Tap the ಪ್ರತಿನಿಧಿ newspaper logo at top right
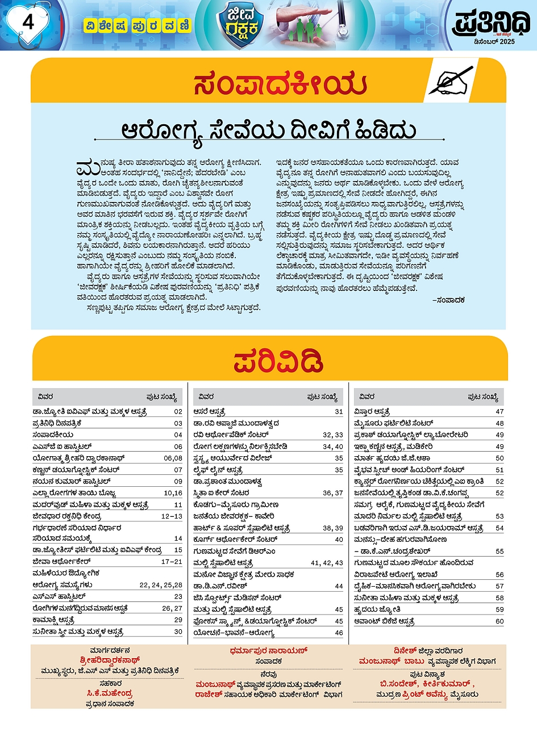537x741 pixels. [491, 23]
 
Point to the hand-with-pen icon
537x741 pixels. [451, 81]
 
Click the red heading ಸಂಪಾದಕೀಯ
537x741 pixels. [280, 85]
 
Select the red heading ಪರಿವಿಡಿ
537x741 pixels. [278, 361]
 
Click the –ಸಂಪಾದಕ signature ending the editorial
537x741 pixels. [448, 300]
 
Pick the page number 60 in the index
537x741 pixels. [499, 621]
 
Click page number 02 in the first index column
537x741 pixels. [178, 412]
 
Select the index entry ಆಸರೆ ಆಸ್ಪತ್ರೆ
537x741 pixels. [209, 412]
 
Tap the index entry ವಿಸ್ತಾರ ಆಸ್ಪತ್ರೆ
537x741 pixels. [372, 412]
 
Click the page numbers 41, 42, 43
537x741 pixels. [327, 563]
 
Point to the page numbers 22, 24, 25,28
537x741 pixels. [161, 585]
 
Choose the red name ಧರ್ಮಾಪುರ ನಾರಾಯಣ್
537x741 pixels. [268, 651]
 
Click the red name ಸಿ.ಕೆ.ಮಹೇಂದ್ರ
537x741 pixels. [110, 693]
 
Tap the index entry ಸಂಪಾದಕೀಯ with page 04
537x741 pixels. [53, 435]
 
